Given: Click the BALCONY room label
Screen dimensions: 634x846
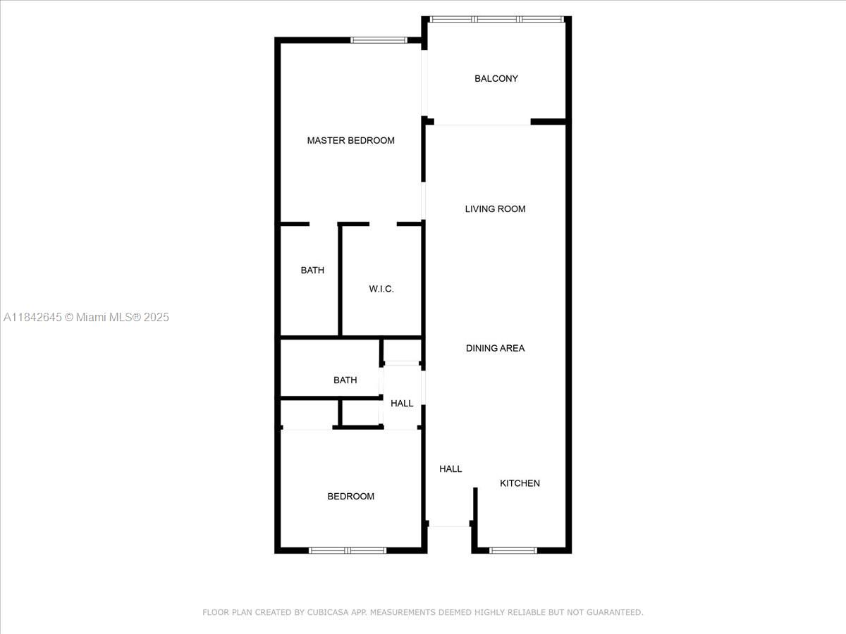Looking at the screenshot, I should click(x=496, y=79).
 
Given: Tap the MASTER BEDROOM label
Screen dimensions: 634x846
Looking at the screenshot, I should click(x=350, y=141).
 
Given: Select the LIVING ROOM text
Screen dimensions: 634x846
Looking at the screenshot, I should click(x=495, y=209).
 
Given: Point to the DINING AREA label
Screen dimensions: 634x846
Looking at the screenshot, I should click(x=495, y=348).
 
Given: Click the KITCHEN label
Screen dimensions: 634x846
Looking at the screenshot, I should click(x=520, y=483).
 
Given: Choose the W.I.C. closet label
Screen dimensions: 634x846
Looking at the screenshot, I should click(x=381, y=290).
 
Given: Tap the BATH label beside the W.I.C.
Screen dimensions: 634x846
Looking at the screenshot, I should click(x=312, y=271).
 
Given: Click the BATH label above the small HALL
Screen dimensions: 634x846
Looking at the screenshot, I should click(x=345, y=380).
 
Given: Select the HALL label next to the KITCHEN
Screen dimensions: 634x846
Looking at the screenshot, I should click(x=450, y=469).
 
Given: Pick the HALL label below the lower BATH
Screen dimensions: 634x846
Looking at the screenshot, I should click(x=402, y=404).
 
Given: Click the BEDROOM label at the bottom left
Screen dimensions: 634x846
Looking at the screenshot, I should click(x=350, y=497).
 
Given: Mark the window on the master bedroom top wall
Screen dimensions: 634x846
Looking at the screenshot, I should click(x=379, y=40).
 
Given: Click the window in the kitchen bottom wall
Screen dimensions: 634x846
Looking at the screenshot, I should click(x=513, y=550).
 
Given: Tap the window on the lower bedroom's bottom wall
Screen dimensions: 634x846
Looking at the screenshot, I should click(x=348, y=550).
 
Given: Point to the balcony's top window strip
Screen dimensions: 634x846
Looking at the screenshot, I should click(x=497, y=19).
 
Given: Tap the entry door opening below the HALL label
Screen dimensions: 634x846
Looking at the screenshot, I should click(x=449, y=526).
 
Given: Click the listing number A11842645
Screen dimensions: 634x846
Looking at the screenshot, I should click(x=32, y=318).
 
